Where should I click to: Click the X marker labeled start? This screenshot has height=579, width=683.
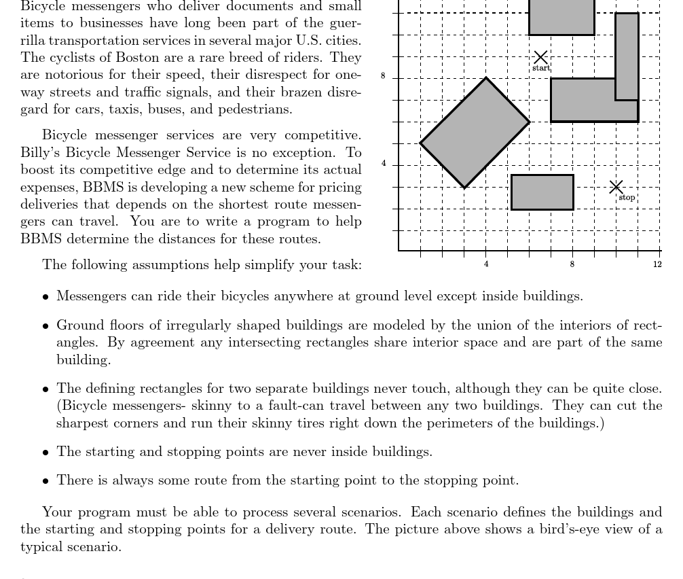click(540, 57)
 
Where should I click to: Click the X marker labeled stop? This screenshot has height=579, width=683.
click(616, 186)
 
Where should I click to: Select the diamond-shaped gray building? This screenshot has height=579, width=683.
click(475, 133)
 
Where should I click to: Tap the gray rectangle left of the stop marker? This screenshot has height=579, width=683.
click(542, 192)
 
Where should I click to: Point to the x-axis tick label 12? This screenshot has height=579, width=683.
click(657, 264)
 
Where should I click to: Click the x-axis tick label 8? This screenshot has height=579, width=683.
click(572, 264)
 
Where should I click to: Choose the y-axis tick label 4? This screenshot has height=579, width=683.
click(384, 163)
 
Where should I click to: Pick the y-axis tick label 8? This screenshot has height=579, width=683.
click(383, 76)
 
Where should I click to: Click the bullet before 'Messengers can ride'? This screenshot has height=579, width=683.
click(45, 297)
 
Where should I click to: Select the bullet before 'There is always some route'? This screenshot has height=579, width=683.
click(45, 481)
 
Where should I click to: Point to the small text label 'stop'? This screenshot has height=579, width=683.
click(627, 198)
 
